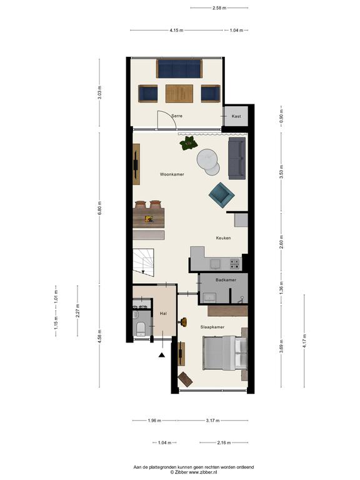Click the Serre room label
(177, 116)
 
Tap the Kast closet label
(236, 116)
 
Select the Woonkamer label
(172, 174)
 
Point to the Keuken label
(223, 238)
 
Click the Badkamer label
(226, 280)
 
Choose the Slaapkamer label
(212, 327)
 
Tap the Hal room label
(163, 314)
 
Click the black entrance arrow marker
(162, 355)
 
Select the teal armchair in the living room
(222, 195)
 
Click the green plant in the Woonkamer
(189, 143)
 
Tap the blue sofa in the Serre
(179, 69)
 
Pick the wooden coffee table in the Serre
(179, 94)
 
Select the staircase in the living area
(144, 262)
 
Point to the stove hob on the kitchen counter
(234, 264)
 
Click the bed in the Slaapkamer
(225, 352)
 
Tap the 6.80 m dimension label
(99, 208)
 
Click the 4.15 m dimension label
(177, 30)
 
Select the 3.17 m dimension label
(212, 420)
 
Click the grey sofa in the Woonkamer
(237, 158)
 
